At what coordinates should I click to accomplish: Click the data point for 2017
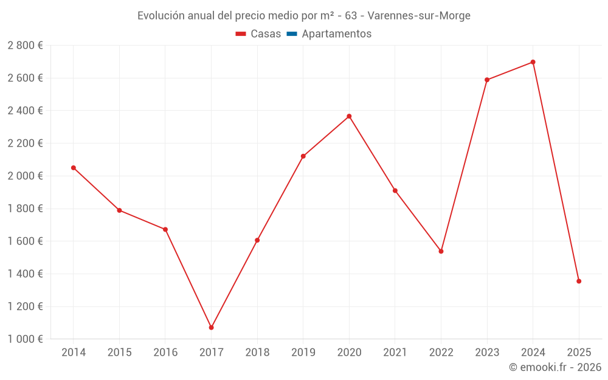click(211, 328)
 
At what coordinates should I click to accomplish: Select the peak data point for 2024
click(533, 62)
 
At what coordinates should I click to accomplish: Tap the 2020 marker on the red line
click(349, 116)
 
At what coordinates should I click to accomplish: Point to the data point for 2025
click(579, 282)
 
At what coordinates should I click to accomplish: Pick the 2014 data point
click(74, 168)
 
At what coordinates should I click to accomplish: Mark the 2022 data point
click(441, 251)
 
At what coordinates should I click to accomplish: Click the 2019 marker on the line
click(303, 156)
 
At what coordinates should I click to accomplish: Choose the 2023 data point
click(487, 80)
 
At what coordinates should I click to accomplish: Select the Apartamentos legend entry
click(336, 34)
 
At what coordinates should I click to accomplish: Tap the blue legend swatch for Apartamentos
click(292, 34)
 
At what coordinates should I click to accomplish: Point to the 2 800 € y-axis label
click(25, 46)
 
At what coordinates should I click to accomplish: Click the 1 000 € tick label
click(25, 339)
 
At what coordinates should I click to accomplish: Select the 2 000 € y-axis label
click(25, 176)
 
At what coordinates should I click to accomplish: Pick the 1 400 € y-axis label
click(25, 274)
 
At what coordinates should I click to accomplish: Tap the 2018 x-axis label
click(257, 353)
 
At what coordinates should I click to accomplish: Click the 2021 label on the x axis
click(395, 353)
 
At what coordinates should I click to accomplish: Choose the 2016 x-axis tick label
click(165, 353)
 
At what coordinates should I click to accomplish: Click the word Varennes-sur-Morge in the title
click(419, 16)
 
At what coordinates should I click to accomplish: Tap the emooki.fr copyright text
click(555, 367)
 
